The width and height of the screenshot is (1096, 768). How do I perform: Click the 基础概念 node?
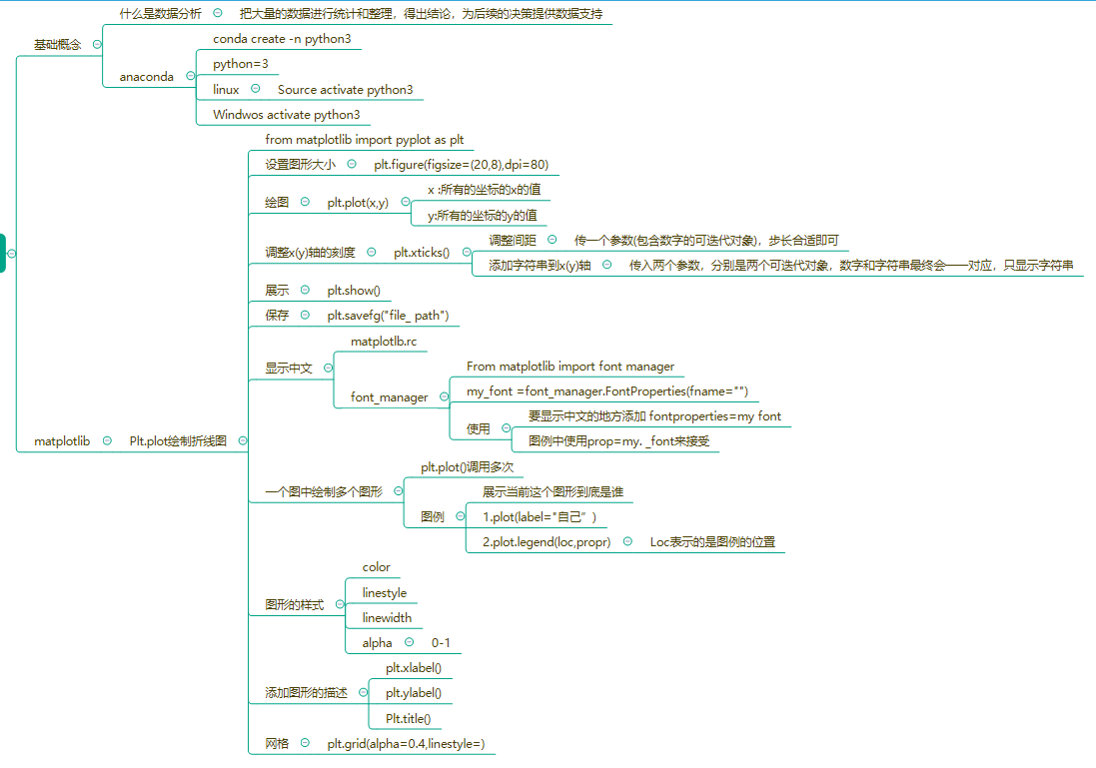[x=58, y=45]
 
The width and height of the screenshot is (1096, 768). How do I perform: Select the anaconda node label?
[x=146, y=76]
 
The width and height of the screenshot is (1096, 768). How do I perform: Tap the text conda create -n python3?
[x=282, y=39]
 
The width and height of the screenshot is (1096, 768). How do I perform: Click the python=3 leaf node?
[x=241, y=64]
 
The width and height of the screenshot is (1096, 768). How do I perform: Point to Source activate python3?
[x=345, y=90]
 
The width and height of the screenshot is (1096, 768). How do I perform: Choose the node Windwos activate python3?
[x=286, y=115]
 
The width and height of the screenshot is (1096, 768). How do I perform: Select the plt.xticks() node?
[x=422, y=253]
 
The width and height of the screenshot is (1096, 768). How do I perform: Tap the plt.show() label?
[x=354, y=291]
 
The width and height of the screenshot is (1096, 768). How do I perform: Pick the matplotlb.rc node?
[x=384, y=342]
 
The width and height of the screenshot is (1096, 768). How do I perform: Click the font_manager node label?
[x=389, y=397]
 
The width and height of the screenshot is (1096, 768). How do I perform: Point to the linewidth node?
[x=387, y=618]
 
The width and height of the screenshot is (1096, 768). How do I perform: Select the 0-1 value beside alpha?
[x=441, y=643]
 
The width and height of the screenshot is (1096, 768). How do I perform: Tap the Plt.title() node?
[x=408, y=719]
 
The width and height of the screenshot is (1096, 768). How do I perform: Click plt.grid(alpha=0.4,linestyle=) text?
[x=406, y=744]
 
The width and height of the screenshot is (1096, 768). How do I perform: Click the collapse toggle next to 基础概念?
[x=96, y=45]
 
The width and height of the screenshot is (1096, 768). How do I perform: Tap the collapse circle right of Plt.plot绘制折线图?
[x=242, y=440]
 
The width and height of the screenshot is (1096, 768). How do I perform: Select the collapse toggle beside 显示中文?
[x=328, y=368]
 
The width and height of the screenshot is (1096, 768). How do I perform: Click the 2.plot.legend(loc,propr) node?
[x=547, y=542]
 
